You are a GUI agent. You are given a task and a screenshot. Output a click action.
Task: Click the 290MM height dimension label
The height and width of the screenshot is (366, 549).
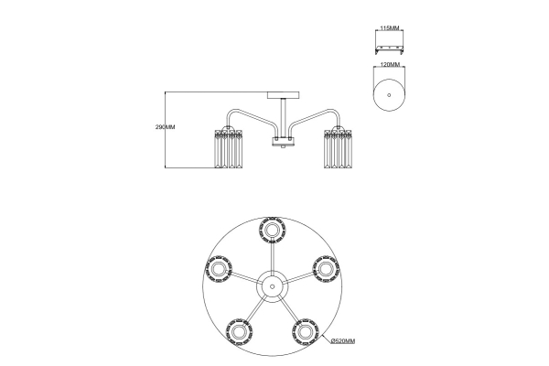(x=165, y=127)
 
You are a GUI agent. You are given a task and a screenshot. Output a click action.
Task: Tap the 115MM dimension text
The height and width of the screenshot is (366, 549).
(x=390, y=27)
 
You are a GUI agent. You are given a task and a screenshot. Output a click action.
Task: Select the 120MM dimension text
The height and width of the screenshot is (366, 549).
(x=390, y=64)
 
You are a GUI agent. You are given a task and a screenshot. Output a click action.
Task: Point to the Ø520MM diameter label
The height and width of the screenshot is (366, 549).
(x=343, y=340)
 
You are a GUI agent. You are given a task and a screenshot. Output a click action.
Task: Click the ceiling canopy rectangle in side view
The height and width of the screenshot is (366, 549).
(x=284, y=95)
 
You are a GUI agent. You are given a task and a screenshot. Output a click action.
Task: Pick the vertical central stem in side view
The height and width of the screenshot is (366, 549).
(x=284, y=118)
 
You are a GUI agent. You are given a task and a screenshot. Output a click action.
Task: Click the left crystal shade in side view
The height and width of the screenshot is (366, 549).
(x=228, y=149)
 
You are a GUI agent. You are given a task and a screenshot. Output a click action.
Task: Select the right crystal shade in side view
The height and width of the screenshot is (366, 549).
(x=339, y=149)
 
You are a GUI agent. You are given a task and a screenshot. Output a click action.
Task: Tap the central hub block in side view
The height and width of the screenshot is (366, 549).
(x=284, y=142)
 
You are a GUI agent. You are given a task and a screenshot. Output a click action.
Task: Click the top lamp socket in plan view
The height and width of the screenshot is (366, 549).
(x=272, y=230)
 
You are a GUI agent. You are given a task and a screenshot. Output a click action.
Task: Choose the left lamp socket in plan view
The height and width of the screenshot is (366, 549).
(x=218, y=269)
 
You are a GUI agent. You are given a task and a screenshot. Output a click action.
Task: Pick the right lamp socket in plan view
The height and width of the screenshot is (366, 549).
(x=326, y=269)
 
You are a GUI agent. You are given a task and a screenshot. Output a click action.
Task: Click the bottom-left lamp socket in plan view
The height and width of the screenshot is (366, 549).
(x=239, y=331)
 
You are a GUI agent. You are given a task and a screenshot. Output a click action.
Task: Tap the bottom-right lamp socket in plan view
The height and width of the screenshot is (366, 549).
(x=306, y=331)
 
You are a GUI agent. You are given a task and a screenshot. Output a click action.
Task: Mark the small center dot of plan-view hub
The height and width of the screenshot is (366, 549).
(x=273, y=286)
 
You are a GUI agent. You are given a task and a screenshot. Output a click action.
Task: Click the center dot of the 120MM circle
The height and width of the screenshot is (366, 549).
(x=389, y=95)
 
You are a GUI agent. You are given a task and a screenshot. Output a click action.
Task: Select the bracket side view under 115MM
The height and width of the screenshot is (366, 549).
(x=390, y=49)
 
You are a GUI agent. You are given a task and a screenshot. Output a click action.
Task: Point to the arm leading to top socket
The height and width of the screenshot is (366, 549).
(x=273, y=257)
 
